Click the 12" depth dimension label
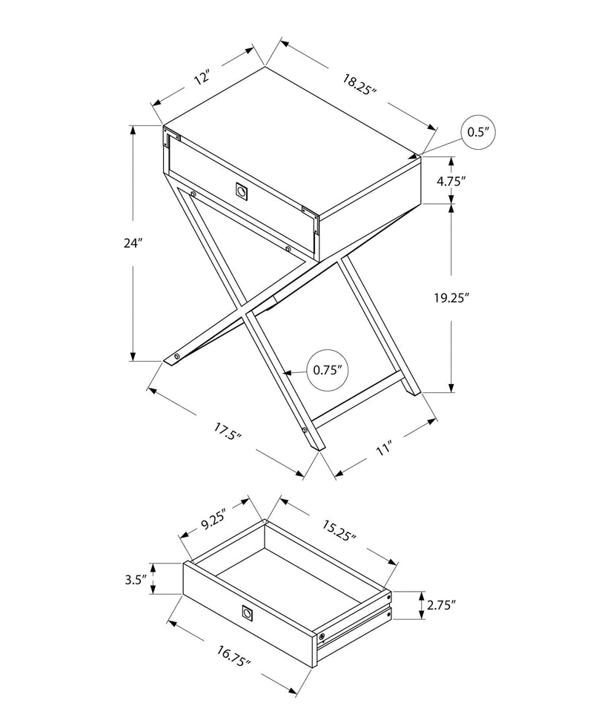[201, 76]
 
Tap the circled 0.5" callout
[477, 133]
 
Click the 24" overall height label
[133, 242]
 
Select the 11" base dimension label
[382, 447]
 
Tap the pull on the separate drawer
[247, 612]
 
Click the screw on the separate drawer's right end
[322, 636]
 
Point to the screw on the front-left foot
[177, 357]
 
